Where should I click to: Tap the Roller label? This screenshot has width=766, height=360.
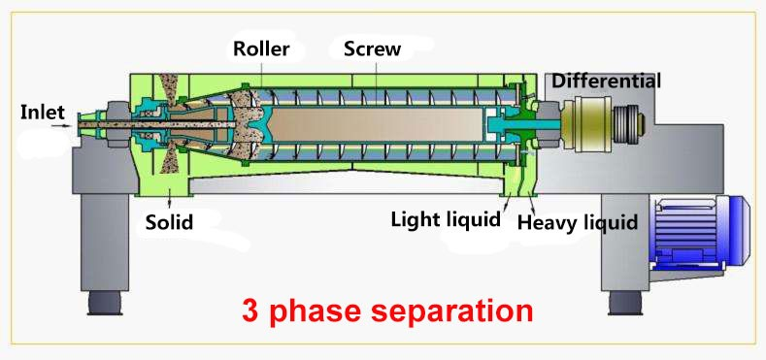pos(260,49)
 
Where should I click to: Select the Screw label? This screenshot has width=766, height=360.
pos(372,49)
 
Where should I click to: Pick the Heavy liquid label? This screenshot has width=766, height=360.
pos(577,223)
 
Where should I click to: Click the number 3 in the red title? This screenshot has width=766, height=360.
pos(250,311)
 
